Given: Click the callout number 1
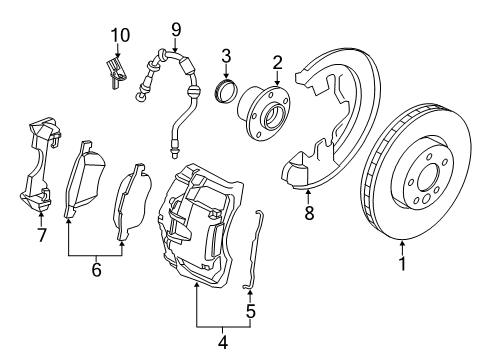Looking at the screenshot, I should point(402,264).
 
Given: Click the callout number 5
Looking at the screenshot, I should point(250,311).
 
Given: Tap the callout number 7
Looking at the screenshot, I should point(40,236).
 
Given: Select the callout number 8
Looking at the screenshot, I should point(309,212).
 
